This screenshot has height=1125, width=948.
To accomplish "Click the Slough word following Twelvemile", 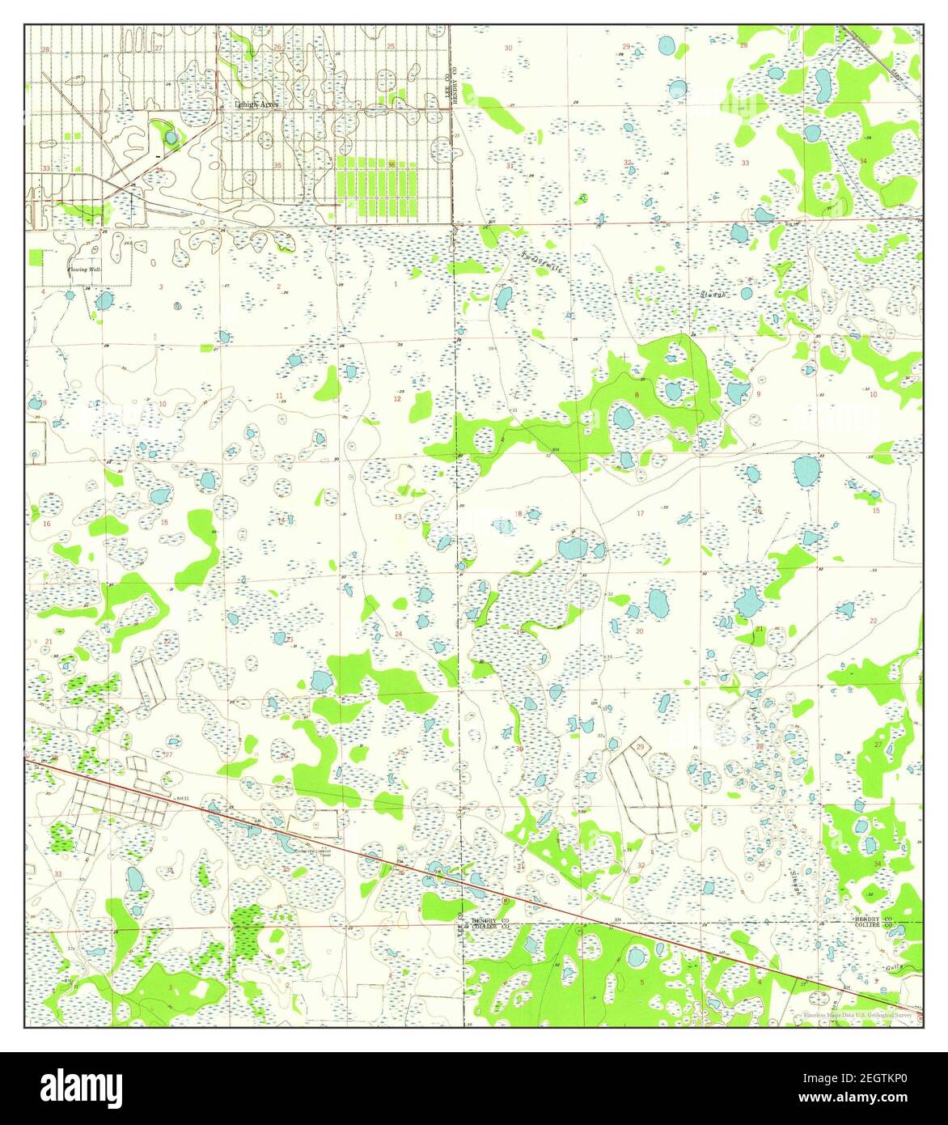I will click(713, 294).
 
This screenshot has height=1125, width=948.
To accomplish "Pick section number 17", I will click(641, 513).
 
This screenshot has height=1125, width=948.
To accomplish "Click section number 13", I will click(398, 516).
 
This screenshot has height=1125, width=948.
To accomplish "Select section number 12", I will click(397, 399).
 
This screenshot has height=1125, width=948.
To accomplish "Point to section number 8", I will click(637, 395).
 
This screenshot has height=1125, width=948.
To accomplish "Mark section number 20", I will click(639, 630).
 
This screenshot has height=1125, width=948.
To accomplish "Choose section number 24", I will click(398, 634).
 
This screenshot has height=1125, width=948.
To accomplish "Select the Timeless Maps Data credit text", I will click(857, 1015).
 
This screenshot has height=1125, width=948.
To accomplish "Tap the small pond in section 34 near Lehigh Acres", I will click(171, 138).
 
